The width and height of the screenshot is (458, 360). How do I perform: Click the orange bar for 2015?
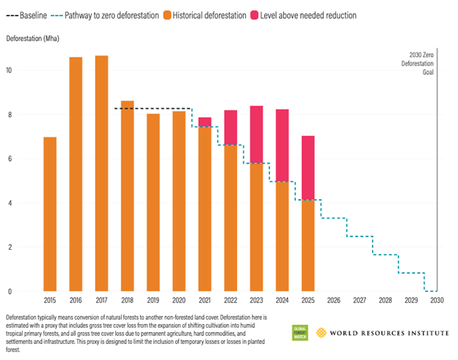[50, 214]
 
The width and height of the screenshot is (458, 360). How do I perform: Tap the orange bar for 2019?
[153, 202]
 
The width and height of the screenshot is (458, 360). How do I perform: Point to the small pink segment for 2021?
[205, 121]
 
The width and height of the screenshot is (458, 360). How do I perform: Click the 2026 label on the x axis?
[333, 300]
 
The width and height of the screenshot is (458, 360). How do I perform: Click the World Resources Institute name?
[388, 333]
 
